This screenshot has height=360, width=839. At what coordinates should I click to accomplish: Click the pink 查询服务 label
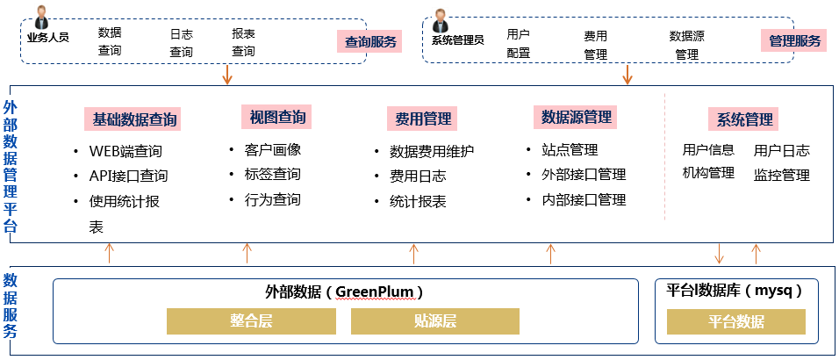click(369, 41)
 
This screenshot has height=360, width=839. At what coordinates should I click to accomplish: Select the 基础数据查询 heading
click(136, 119)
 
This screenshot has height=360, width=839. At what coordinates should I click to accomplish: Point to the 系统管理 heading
click(745, 119)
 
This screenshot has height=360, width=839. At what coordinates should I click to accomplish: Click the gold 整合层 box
click(251, 320)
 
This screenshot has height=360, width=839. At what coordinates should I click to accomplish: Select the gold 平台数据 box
click(735, 321)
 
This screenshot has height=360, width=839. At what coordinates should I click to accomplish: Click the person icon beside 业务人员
click(41, 18)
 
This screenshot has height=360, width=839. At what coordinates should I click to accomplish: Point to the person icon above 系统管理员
click(441, 20)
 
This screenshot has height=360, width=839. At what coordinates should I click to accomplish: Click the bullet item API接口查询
click(128, 176)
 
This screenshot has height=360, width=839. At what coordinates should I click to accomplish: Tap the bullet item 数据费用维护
click(432, 151)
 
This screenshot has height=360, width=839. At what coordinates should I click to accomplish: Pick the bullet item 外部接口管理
click(584, 175)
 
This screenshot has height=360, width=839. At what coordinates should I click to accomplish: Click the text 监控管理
click(781, 175)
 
